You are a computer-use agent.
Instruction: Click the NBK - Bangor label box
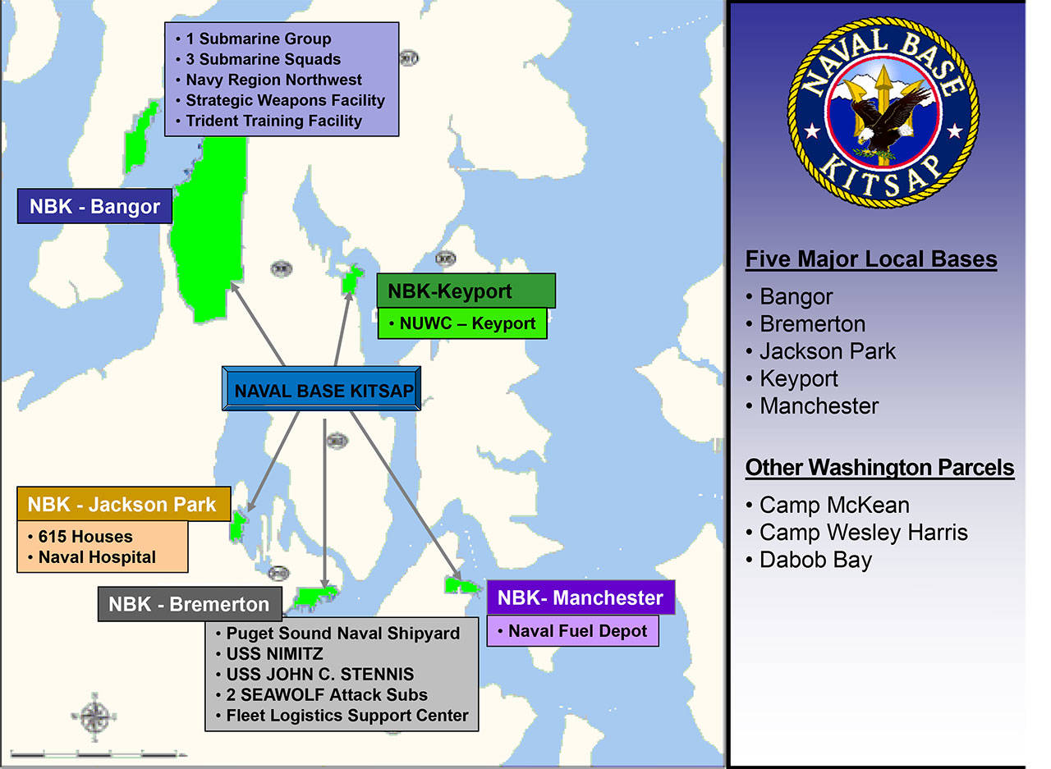tap(94, 206)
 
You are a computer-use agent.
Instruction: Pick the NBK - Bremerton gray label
tap(189, 604)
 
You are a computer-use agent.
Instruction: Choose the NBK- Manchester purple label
tap(580, 597)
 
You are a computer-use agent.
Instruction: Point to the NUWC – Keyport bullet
tap(462, 323)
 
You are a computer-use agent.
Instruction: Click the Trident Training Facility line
tap(273, 121)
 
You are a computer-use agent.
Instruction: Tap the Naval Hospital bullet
tap(96, 557)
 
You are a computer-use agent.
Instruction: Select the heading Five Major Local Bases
tap(870, 260)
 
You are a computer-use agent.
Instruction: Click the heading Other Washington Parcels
tap(879, 468)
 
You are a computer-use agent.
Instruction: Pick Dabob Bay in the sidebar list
tap(815, 561)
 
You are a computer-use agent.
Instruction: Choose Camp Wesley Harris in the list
tap(862, 533)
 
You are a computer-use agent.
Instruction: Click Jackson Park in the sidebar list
tap(827, 351)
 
